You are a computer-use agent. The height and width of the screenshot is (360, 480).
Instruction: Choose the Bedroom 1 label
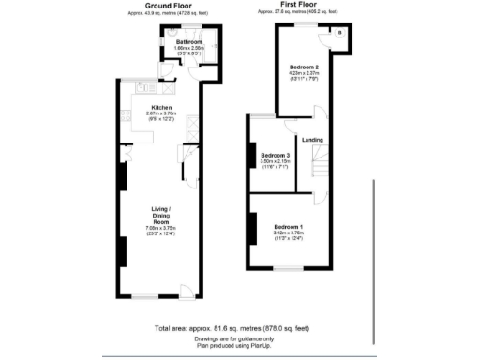[x=289, y=227]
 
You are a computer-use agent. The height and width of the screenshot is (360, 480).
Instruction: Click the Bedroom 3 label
[x=276, y=154]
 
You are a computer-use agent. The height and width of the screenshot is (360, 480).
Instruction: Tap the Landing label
[x=312, y=140]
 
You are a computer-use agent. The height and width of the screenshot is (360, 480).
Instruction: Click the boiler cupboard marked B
[x=337, y=33]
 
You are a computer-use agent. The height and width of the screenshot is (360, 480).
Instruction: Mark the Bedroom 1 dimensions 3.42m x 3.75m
[x=289, y=233]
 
